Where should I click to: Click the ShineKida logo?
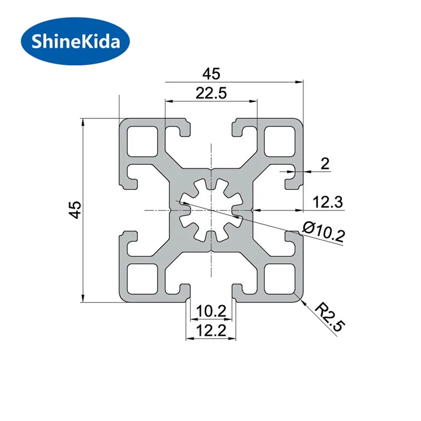click(x=75, y=42)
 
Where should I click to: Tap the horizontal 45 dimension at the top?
click(x=212, y=74)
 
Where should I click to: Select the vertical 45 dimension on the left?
click(x=75, y=209)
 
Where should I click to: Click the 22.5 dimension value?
click(x=212, y=94)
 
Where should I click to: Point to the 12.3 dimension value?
click(x=328, y=202)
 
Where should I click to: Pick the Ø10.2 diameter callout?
click(x=324, y=231)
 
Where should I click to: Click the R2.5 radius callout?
click(x=330, y=317)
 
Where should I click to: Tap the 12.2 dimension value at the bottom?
click(x=212, y=330)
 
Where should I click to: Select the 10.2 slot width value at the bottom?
click(x=212, y=312)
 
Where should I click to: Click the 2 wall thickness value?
click(x=325, y=163)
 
